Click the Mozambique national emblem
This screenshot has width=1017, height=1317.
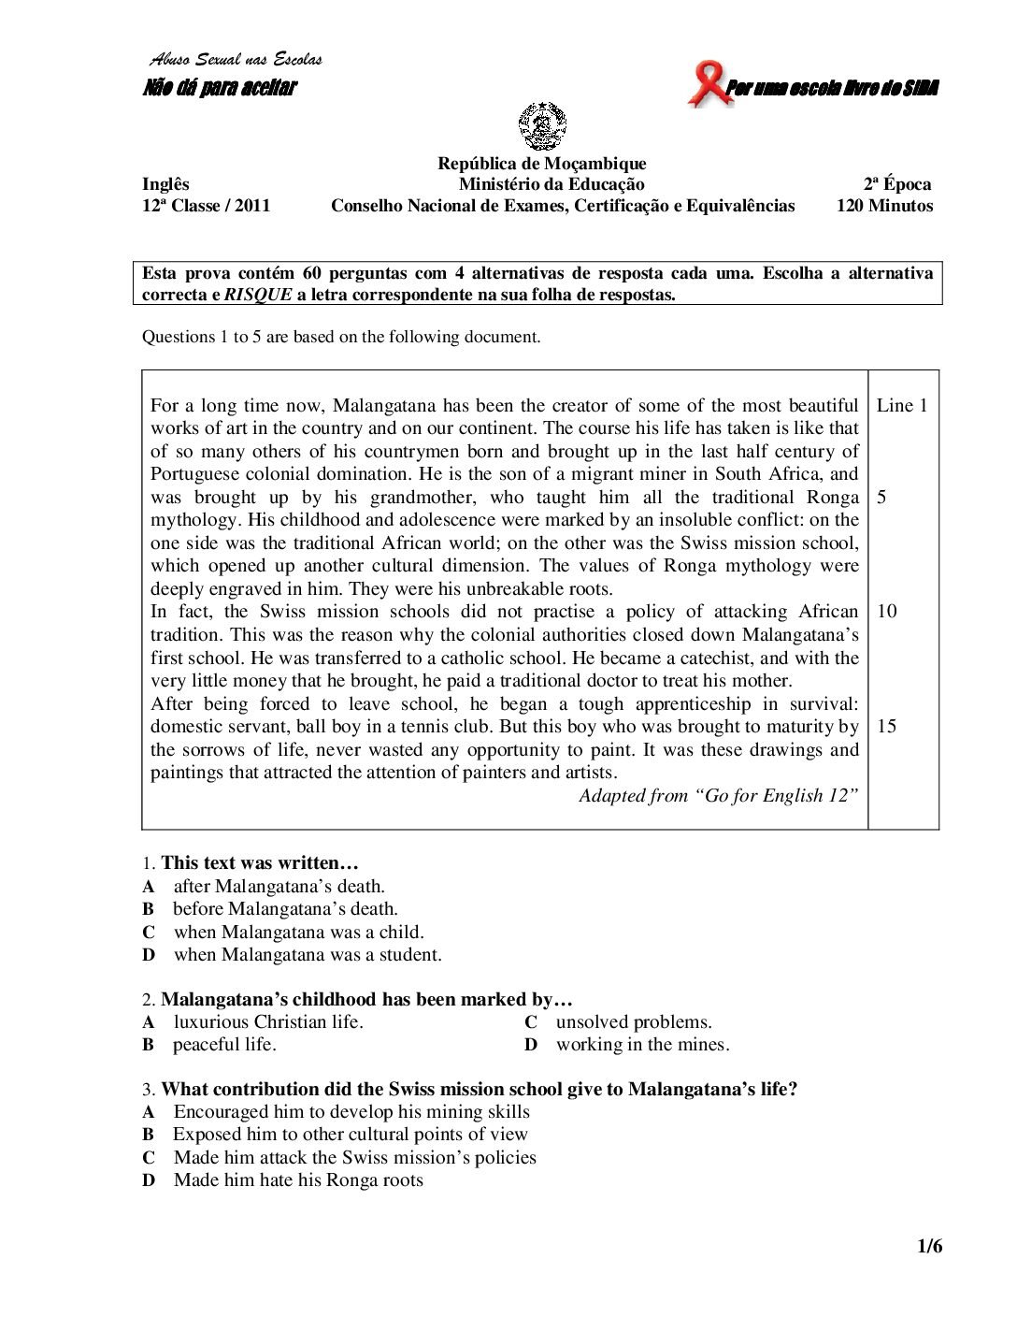point(541,128)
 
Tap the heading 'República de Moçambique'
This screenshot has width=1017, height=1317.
point(541,165)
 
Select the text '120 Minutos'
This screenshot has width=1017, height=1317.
point(883,206)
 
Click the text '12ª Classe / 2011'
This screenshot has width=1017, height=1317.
point(206,206)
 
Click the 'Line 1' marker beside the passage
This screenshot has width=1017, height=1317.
point(902,406)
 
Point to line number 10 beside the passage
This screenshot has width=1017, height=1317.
point(887,612)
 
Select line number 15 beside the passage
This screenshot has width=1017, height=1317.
point(887,726)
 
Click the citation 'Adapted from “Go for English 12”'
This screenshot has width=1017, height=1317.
point(718,795)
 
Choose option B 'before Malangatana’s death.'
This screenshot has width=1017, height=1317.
point(285,909)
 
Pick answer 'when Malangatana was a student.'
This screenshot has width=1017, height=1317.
point(308,955)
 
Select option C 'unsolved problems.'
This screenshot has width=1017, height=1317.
point(634,1022)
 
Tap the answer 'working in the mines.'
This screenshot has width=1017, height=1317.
point(642,1045)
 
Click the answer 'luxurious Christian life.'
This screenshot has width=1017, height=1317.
point(268,1022)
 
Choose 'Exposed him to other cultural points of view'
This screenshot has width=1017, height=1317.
point(351,1135)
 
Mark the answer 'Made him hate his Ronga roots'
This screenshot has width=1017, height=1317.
point(298,1180)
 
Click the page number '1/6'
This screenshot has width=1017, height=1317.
point(930,1247)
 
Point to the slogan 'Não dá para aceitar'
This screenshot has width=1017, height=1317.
point(220,89)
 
